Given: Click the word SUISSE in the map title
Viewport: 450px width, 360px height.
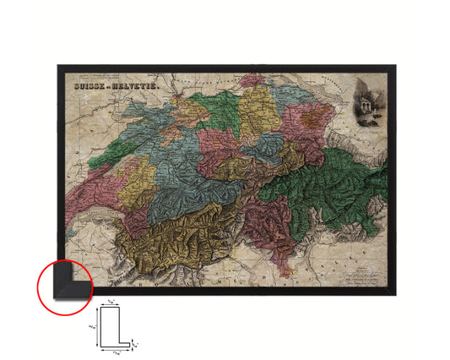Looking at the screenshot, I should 85,86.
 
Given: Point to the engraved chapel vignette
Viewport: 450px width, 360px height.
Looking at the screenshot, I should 369,99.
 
